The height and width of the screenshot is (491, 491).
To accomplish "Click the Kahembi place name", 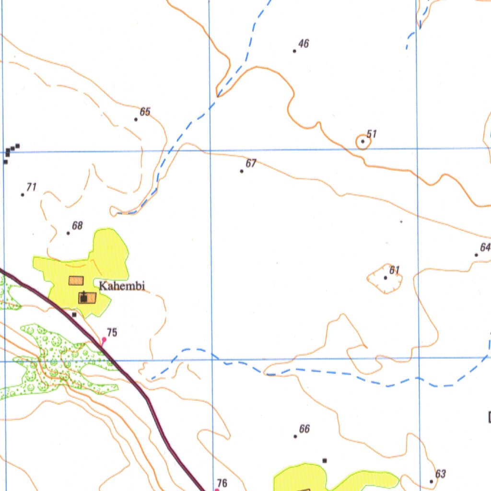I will pyautogui.click(x=122, y=286).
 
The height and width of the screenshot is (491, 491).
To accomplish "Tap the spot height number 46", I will pyautogui.click(x=304, y=44).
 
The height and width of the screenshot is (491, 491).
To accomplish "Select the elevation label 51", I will pyautogui.click(x=372, y=134).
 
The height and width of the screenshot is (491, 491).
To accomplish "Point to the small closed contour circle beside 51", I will pyautogui.click(x=362, y=142).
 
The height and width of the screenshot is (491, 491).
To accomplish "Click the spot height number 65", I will pyautogui.click(x=145, y=112).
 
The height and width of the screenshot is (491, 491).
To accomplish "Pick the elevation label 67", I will pyautogui.click(x=251, y=164).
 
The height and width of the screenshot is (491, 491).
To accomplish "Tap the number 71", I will pyautogui.click(x=32, y=187).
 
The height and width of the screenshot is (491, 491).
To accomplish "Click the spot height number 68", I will pyautogui.click(x=77, y=225).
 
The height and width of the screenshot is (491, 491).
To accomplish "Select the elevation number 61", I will pyautogui.click(x=395, y=270).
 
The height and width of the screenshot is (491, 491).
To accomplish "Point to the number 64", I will pyautogui.click(x=485, y=247).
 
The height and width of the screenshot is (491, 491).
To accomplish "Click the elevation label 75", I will pyautogui.click(x=112, y=332).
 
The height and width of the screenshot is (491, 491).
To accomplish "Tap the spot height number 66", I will pyautogui.click(x=304, y=429).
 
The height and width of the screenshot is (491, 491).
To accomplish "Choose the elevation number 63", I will pyautogui.click(x=441, y=474).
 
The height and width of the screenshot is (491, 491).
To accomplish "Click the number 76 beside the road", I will pyautogui.click(x=222, y=483).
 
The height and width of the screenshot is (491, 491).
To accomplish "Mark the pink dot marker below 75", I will pyautogui.click(x=104, y=339).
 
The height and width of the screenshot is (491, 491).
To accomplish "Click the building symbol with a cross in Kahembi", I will pyautogui.click(x=86, y=298).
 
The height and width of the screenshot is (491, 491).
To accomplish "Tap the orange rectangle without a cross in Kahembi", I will pyautogui.click(x=76, y=281).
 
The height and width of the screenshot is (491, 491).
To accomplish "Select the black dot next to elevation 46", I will pyautogui.click(x=294, y=51).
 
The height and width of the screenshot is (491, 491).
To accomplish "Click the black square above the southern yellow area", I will pyautogui.click(x=325, y=460).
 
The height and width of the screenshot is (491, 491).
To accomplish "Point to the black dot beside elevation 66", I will pyautogui.click(x=295, y=436).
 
